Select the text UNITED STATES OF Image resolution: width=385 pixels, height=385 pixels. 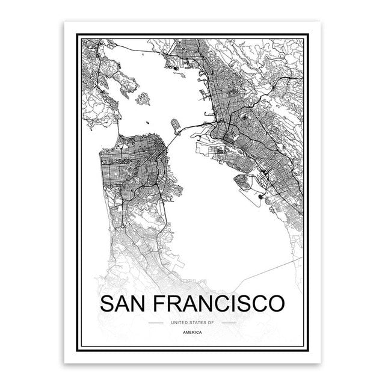[x=192, y=323]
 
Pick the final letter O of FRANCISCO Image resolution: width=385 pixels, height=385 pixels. [x=275, y=303]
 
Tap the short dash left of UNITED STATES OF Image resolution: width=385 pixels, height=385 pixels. [x=156, y=323]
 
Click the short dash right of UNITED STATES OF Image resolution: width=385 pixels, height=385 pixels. [x=229, y=323]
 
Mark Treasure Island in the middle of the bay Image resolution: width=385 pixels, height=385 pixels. [x=176, y=126]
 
